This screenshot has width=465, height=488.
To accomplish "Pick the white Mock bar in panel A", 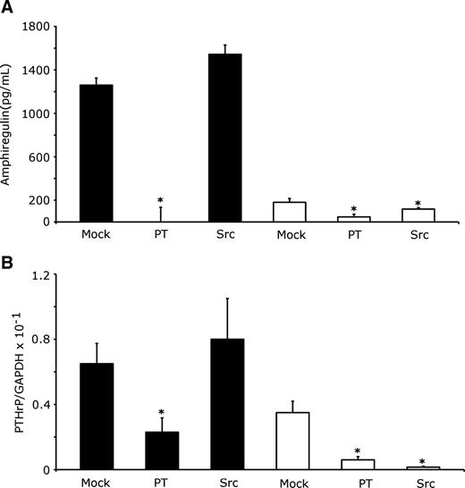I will coord(290,212).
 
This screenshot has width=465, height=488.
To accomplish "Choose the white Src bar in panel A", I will coord(418,215).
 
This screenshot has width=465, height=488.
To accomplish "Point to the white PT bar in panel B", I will coord(355,465).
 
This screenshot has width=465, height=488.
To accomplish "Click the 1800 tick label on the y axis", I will coord(32,27).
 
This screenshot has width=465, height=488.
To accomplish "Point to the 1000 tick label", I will coord(32,114).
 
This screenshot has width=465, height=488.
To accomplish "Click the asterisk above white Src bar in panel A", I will coord(418,204).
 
